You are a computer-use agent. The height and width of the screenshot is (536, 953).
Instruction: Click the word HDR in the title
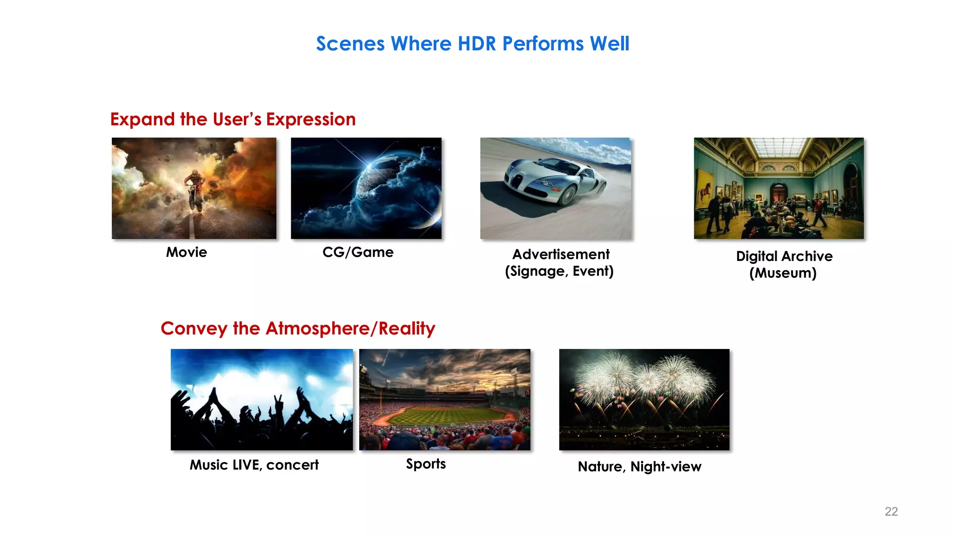[x=477, y=44]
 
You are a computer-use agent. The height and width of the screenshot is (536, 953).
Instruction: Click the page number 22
[x=891, y=511]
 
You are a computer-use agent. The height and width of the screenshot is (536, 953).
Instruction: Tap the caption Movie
[x=186, y=252]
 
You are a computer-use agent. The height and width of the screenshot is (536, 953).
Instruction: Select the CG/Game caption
[x=358, y=252]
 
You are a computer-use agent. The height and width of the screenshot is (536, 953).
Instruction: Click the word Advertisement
[x=561, y=255]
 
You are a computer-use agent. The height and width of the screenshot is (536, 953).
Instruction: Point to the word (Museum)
[x=783, y=273]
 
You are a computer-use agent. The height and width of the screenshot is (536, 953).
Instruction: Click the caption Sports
[x=426, y=464]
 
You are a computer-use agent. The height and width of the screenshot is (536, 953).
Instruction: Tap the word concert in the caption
[x=292, y=465]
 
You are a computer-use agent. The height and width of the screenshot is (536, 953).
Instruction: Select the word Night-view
[x=665, y=467]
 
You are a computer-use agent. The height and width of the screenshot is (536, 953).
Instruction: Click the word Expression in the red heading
[x=311, y=120]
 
